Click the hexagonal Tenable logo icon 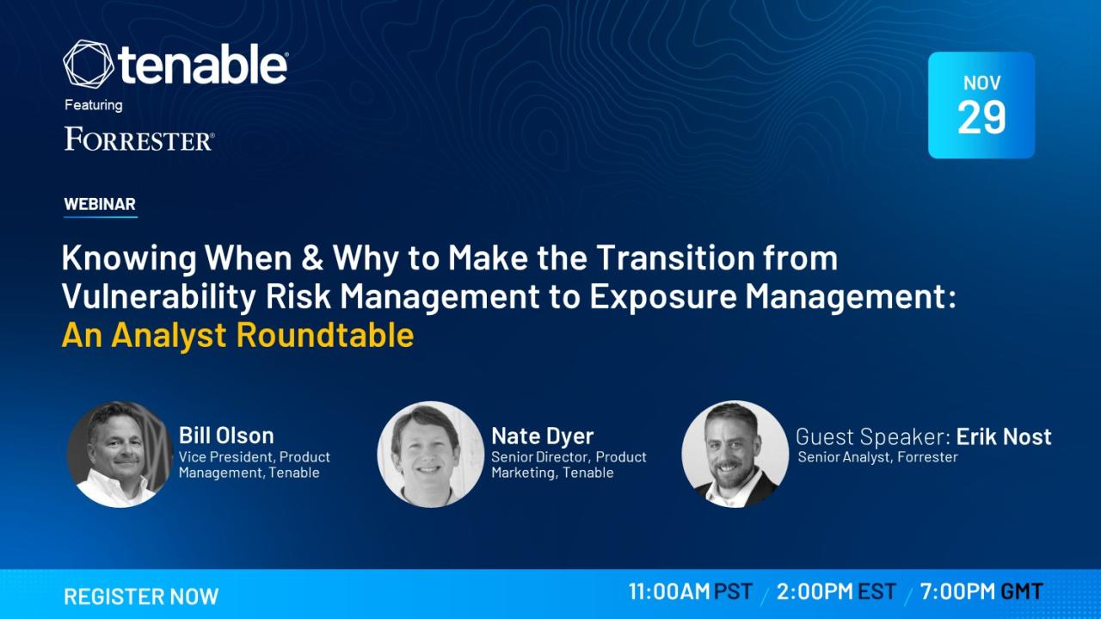(x=89, y=64)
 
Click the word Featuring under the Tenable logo (x=94, y=105)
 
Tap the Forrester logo (x=139, y=139)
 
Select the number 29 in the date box (x=981, y=117)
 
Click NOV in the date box (x=981, y=83)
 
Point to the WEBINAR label (x=100, y=204)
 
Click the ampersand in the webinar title (x=312, y=257)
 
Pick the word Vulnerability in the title (x=159, y=297)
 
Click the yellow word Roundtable (x=325, y=336)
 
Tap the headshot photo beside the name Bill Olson (x=120, y=455)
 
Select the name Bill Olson (x=226, y=436)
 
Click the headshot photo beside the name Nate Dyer (x=431, y=455)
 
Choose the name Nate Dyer (x=543, y=436)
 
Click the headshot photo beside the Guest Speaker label (x=735, y=455)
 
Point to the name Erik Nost (x=1004, y=436)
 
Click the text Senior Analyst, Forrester (x=877, y=457)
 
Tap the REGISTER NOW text (x=141, y=597)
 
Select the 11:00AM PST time (x=691, y=591)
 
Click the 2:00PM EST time (x=837, y=591)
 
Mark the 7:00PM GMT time (x=981, y=591)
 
